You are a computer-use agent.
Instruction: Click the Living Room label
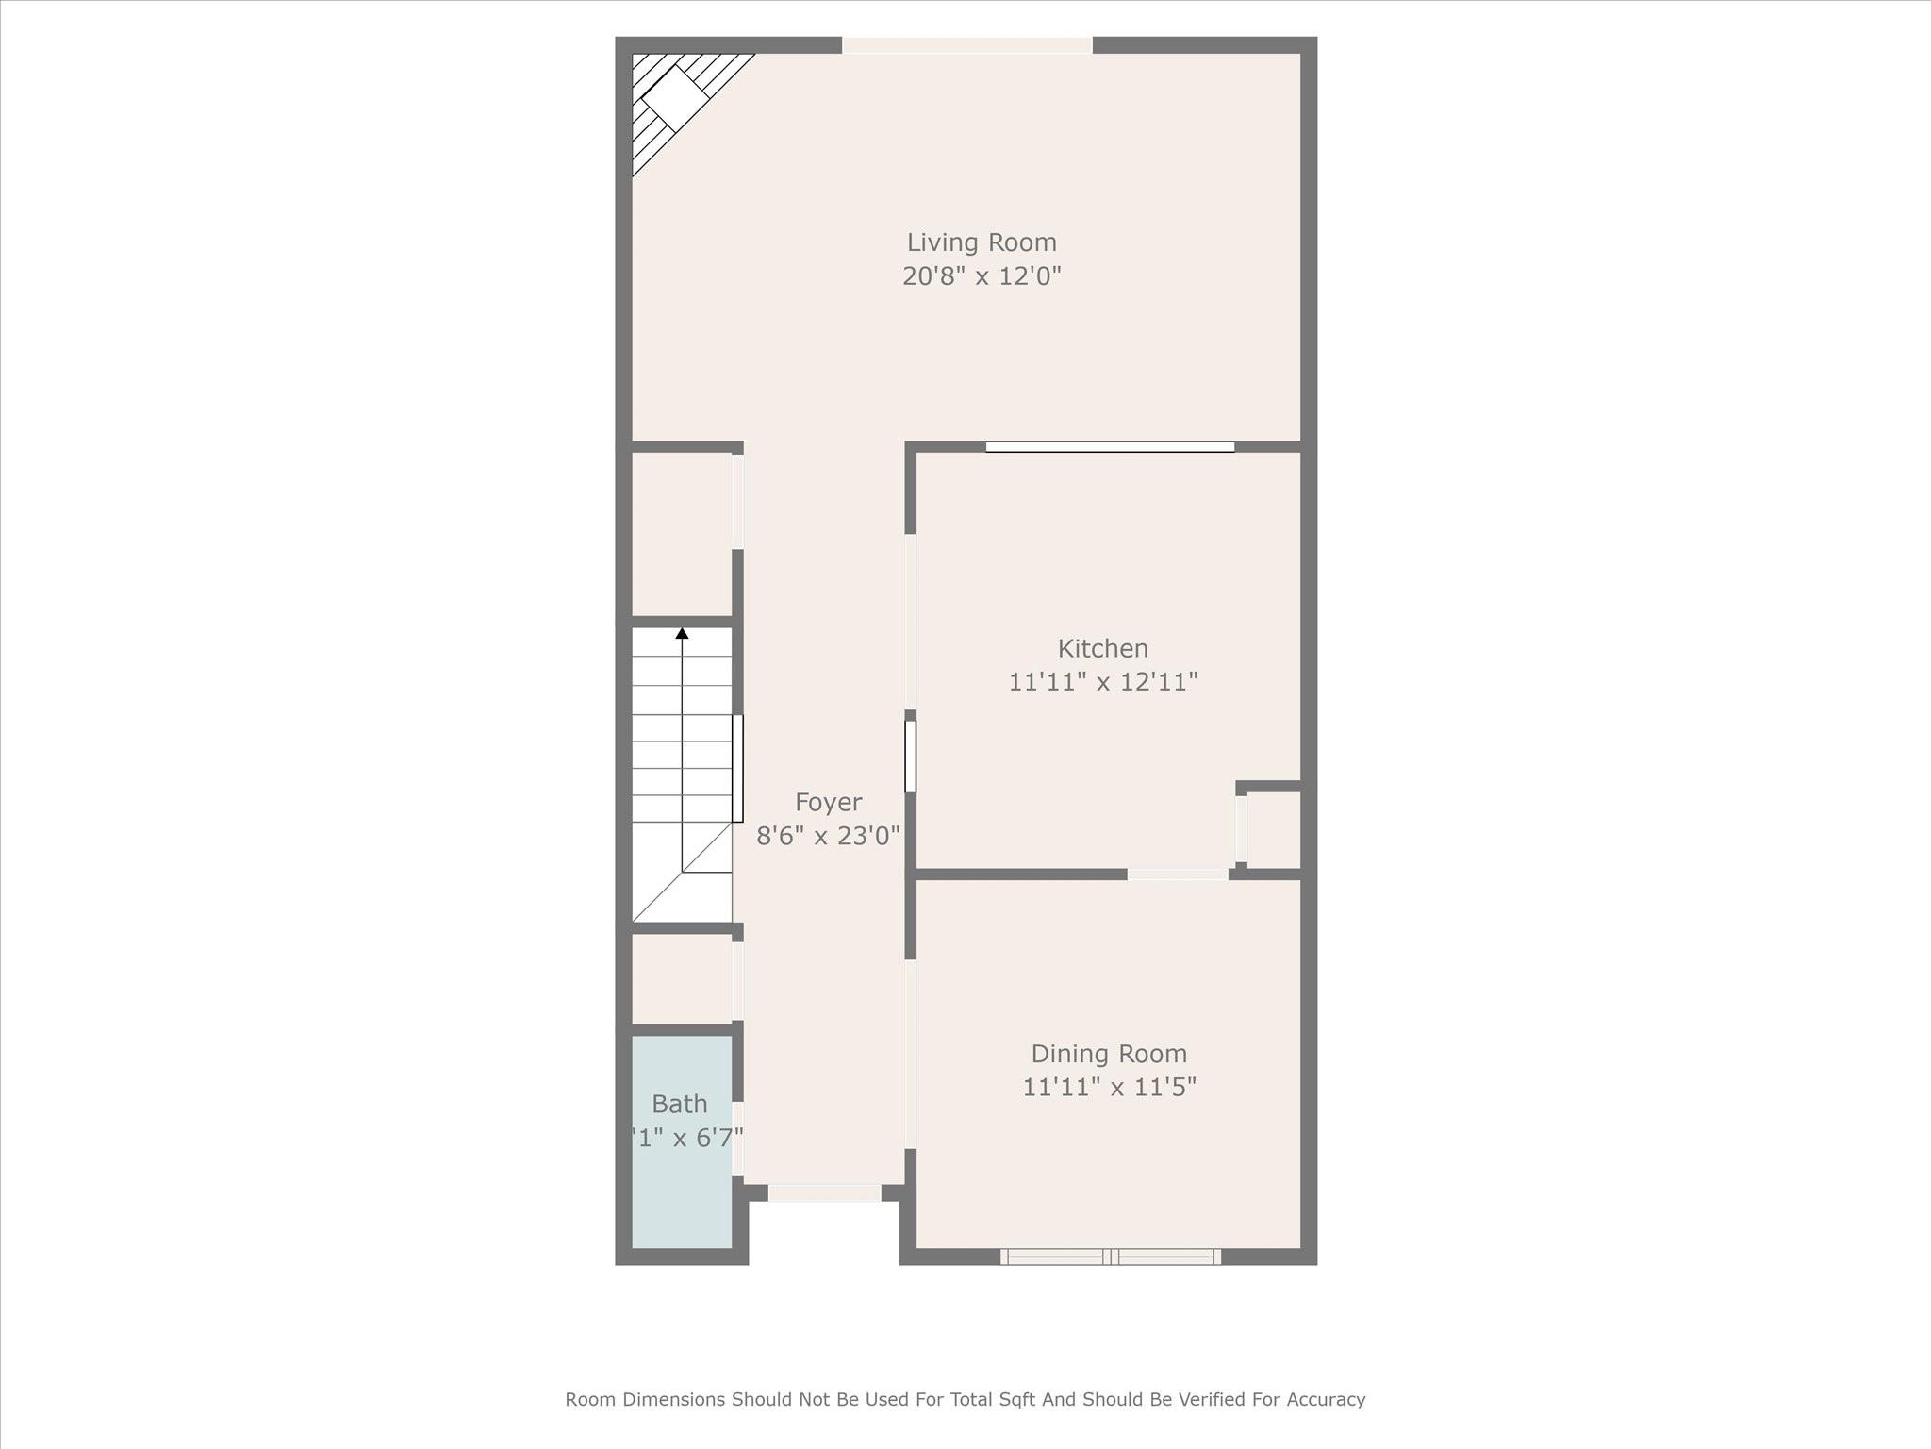click(x=982, y=242)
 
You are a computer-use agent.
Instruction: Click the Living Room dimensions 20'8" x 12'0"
click(x=982, y=276)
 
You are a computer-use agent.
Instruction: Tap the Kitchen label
click(x=1102, y=649)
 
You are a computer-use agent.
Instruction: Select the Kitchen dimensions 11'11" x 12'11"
click(x=1102, y=682)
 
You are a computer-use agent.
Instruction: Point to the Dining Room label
click(x=1109, y=1054)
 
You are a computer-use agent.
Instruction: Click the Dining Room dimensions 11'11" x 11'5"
click(x=1109, y=1088)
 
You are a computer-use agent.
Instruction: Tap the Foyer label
click(x=828, y=803)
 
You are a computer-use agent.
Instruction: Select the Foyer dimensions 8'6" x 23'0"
click(x=828, y=836)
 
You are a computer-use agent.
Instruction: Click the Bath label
click(x=679, y=1104)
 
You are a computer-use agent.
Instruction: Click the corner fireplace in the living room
click(x=674, y=97)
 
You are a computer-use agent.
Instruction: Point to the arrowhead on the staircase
click(x=682, y=633)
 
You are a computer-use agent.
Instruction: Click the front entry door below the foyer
click(x=824, y=1193)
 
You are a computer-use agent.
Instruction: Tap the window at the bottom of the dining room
click(x=1110, y=1257)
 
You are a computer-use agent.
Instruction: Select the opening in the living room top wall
click(x=966, y=45)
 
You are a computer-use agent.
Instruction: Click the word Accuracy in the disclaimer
click(x=1325, y=1399)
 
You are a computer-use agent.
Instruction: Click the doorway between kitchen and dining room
click(x=1177, y=874)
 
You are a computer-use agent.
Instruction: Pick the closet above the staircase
click(x=681, y=534)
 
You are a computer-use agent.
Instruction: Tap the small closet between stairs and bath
click(x=681, y=978)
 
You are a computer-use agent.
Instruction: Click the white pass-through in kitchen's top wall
click(x=1110, y=447)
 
